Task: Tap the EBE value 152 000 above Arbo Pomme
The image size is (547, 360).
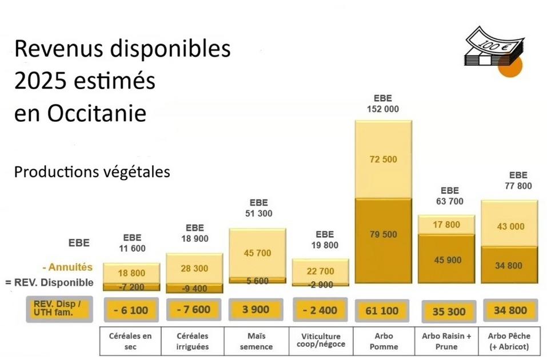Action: pyautogui.click(x=383, y=109)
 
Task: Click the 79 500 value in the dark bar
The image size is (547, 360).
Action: pyautogui.click(x=383, y=234)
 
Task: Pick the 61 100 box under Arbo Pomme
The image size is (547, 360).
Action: pyautogui.click(x=383, y=310)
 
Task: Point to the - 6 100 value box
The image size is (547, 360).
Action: pyautogui.click(x=131, y=310)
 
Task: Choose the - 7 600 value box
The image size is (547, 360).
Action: pyautogui.click(x=194, y=310)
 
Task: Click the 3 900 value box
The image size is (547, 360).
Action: pyautogui.click(x=257, y=310)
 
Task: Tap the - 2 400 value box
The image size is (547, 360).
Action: pyautogui.click(x=321, y=310)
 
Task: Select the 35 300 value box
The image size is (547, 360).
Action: pyautogui.click(x=446, y=311)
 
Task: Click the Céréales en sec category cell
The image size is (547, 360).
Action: pyautogui.click(x=131, y=341)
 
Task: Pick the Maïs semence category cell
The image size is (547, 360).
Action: pyautogui.click(x=257, y=341)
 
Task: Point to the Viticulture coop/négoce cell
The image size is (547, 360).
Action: pyautogui.click(x=321, y=341)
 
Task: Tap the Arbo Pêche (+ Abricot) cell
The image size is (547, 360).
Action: pyautogui.click(x=510, y=341)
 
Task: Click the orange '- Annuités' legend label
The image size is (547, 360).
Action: pyautogui.click(x=67, y=267)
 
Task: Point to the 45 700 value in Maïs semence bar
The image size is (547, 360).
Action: pyautogui.click(x=257, y=253)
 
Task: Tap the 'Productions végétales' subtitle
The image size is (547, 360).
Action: pyautogui.click(x=92, y=172)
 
